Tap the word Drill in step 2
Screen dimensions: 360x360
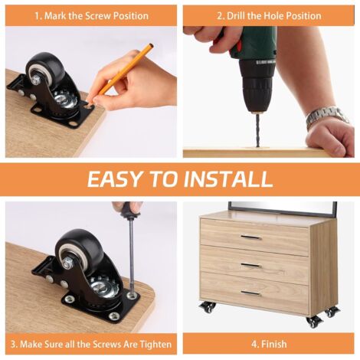(236, 16)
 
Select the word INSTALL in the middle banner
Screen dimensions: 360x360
(228, 178)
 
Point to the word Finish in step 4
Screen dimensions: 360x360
(273, 344)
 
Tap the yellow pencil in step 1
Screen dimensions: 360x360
(120, 74)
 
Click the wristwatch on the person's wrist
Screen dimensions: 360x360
(326, 117)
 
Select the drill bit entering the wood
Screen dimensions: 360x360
(257, 130)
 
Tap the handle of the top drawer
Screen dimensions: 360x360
(250, 237)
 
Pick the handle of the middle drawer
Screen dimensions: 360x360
(250, 265)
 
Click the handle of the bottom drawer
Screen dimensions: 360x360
(250, 293)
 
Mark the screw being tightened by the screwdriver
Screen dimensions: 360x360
(132, 296)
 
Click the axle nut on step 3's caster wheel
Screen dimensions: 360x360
(67, 263)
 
